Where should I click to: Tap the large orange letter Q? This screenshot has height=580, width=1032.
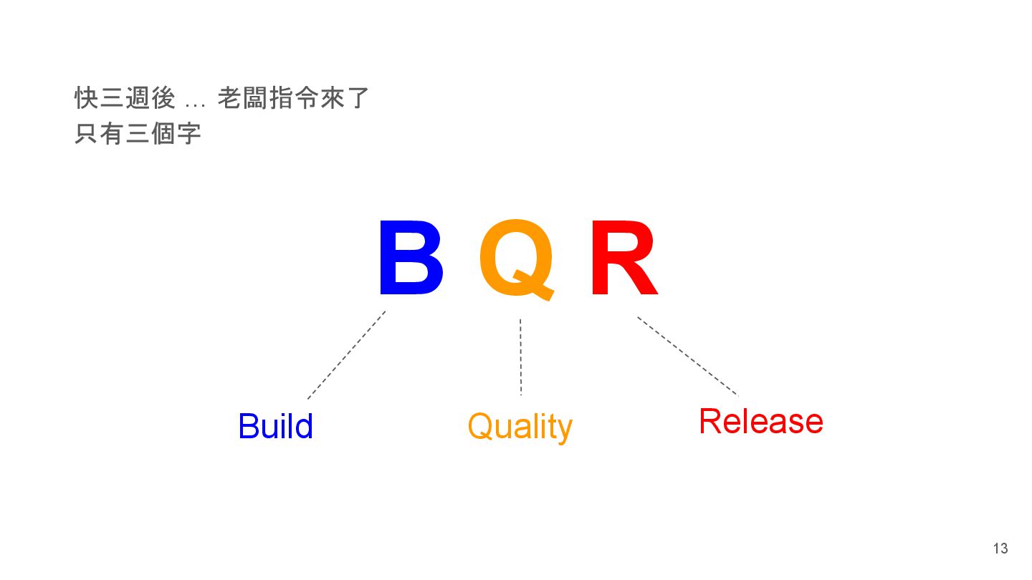516,258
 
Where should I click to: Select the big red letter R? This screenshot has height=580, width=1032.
622,258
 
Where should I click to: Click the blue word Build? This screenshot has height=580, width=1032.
275,426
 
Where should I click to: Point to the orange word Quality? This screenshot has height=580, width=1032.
520,427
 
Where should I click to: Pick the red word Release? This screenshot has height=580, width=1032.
760,421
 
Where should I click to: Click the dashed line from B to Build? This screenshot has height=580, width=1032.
346,355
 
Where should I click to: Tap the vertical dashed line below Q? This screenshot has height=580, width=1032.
520,357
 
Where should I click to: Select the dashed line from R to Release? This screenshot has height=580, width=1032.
687,356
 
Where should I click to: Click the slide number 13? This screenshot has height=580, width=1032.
1000,548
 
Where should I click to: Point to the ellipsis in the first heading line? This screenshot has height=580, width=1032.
195,102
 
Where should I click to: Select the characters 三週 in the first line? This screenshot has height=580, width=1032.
125,99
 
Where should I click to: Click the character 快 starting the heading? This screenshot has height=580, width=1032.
86,99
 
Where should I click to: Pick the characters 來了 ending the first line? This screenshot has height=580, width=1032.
345,99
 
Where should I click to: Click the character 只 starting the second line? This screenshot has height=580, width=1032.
86,134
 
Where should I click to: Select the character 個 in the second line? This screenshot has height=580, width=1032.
163,134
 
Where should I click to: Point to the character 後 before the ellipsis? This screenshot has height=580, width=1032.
163,99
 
